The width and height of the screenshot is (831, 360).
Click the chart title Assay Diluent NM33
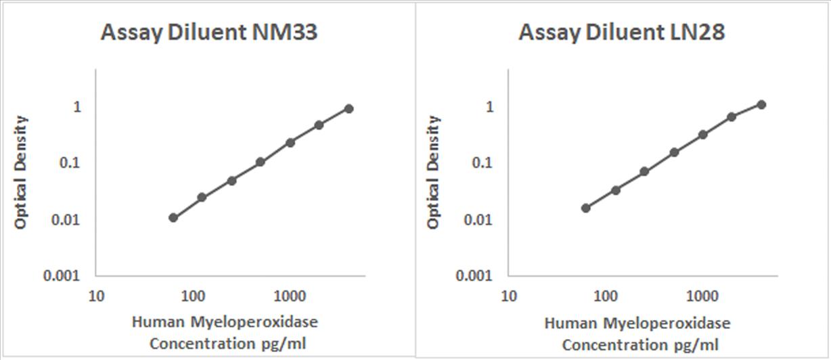tap(209, 33)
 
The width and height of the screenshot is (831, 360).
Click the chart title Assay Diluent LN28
tap(621, 33)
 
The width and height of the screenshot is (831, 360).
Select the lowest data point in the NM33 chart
tap(173, 217)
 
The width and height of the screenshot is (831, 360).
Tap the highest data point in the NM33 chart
tap(349, 108)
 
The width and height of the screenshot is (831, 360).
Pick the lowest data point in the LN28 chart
tap(586, 208)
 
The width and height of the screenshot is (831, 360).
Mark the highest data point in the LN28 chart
tap(761, 104)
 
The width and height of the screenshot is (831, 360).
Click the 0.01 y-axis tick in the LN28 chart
tap(481, 219)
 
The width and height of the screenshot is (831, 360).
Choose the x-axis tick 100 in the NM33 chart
tap(194, 296)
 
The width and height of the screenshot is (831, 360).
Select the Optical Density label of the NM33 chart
tap(22, 172)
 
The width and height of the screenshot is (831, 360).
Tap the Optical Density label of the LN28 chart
tap(434, 172)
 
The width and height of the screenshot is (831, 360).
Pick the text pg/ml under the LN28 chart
tap(697, 344)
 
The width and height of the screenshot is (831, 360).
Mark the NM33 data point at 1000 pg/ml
tap(290, 142)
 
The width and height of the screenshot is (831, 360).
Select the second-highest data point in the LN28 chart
tap(732, 117)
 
